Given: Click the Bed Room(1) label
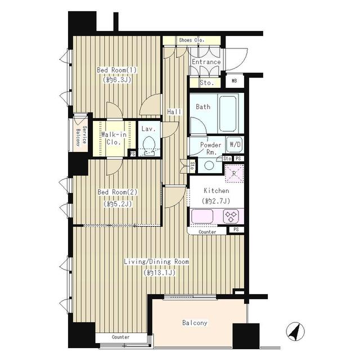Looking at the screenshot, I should [x=116, y=70].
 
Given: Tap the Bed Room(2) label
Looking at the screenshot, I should [x=117, y=192].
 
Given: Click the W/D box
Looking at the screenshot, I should [x=235, y=145].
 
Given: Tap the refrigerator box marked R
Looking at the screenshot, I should [x=234, y=175].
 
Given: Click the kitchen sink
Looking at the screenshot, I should [x=202, y=216].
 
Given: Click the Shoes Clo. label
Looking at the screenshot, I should [x=191, y=40].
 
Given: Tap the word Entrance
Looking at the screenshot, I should [x=206, y=62].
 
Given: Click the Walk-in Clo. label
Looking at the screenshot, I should [x=113, y=138].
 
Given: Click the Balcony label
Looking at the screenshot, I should [x=195, y=323].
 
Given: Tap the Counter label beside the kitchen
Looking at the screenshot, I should [x=208, y=232].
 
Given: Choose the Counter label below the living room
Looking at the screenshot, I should [x=120, y=337].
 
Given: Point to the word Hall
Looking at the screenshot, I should [x=174, y=112].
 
